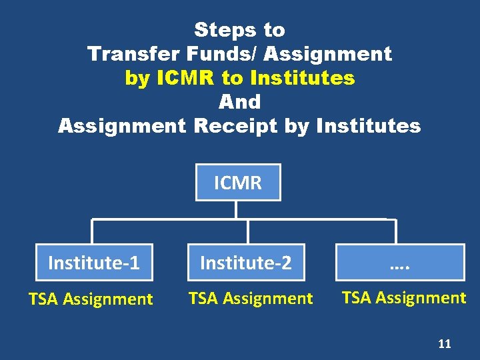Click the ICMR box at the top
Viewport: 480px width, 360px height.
238,182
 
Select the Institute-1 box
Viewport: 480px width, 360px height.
94,263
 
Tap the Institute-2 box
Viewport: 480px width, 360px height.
246,263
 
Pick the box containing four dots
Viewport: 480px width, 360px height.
400,263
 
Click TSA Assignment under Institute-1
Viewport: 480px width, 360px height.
91,299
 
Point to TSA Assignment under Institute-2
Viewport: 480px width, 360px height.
251,299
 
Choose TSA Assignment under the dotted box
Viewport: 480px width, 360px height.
404,297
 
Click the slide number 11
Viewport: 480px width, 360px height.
444,344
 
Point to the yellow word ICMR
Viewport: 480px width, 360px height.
186,78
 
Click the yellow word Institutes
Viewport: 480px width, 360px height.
303,78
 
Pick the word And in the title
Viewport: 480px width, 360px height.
239,102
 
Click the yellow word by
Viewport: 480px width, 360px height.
137,78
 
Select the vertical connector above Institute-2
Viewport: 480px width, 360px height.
248,231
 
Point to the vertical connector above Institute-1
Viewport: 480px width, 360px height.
93,231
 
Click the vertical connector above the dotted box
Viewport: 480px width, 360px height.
396,231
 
